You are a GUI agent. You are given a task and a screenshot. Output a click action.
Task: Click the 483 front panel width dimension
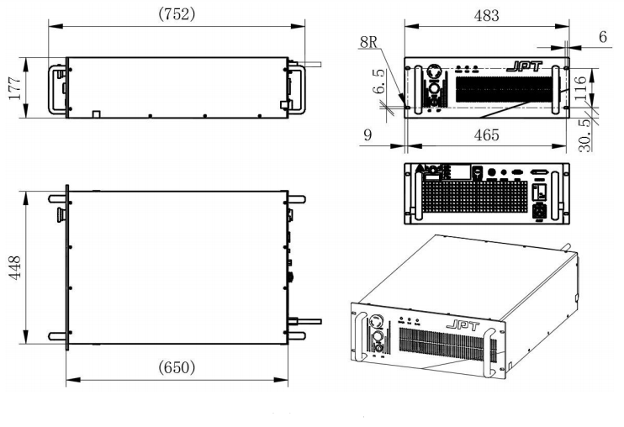(x=487, y=15)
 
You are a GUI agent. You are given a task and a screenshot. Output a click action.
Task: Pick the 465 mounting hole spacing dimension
(x=486, y=134)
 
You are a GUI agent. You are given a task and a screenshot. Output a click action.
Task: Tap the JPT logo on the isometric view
(x=455, y=324)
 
